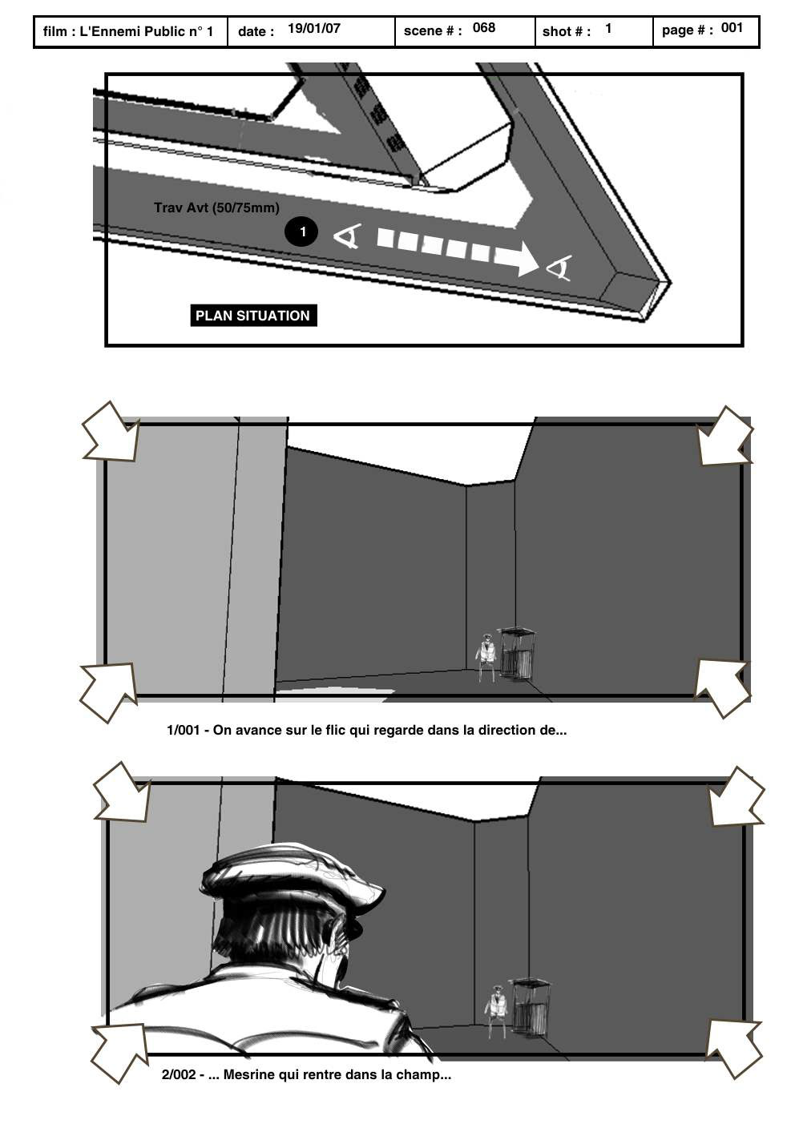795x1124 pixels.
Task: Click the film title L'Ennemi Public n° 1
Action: click(x=147, y=32)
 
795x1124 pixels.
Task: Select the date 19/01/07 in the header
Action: click(x=313, y=29)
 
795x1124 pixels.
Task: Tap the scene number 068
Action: click(x=484, y=28)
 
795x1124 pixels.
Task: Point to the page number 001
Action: click(x=732, y=28)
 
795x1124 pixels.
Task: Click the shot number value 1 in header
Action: click(x=608, y=29)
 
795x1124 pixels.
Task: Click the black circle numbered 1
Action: click(x=301, y=232)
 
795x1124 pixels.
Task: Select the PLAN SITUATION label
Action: click(x=252, y=316)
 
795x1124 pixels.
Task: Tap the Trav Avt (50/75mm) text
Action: click(x=216, y=208)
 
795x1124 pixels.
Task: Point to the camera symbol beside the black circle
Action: click(x=347, y=237)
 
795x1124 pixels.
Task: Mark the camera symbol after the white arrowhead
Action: click(x=559, y=268)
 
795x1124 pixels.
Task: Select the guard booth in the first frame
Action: click(x=517, y=654)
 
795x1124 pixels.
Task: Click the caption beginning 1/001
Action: click(x=366, y=730)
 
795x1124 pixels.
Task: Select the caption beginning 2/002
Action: click(x=306, y=1074)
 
